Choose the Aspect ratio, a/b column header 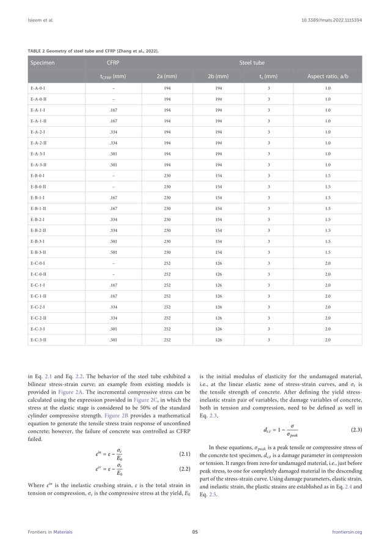328,77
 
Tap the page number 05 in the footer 194,532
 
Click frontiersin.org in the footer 346,532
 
